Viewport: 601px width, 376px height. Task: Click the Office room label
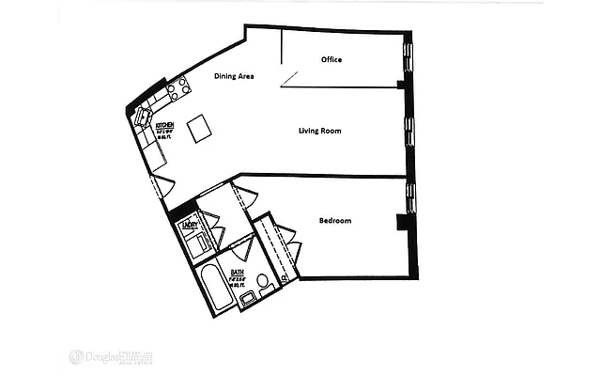click(x=331, y=60)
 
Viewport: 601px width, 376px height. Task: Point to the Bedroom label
click(x=335, y=221)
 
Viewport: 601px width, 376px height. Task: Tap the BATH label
click(x=237, y=272)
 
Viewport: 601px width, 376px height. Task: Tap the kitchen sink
click(x=143, y=117)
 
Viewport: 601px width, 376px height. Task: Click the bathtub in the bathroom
click(x=212, y=289)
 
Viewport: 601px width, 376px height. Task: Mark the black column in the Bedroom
click(x=402, y=223)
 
